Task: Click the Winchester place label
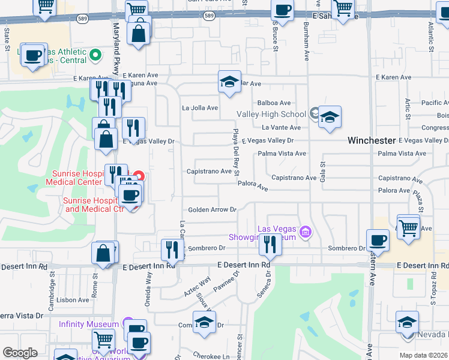pyautogui.click(x=372, y=140)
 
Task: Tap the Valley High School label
pyautogui.click(x=271, y=114)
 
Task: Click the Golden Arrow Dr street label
pyautogui.click(x=212, y=210)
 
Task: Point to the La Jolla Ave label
pyautogui.click(x=200, y=108)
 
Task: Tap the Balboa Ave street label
pyautogui.click(x=274, y=103)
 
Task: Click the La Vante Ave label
pyautogui.click(x=282, y=127)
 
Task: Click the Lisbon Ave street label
pyautogui.click(x=74, y=300)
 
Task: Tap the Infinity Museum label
pyautogui.click(x=89, y=324)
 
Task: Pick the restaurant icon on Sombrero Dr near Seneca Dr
pyautogui.click(x=269, y=244)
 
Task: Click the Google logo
pyautogui.click(x=20, y=353)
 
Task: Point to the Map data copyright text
pyautogui.click(x=423, y=355)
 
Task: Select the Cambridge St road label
pyautogui.click(x=52, y=281)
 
